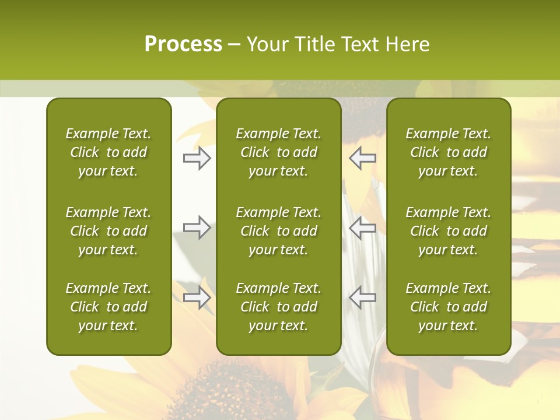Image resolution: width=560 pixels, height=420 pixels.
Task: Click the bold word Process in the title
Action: (x=183, y=44)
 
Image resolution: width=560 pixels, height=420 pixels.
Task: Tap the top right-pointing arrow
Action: (x=197, y=158)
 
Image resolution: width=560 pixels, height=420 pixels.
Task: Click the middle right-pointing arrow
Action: (x=197, y=228)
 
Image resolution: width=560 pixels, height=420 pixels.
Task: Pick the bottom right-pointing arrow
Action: (x=197, y=297)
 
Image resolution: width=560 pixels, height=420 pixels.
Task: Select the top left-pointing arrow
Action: (x=363, y=158)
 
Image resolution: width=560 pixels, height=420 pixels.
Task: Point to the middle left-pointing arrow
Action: (x=363, y=228)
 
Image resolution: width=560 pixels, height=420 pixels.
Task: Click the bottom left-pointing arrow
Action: (x=363, y=297)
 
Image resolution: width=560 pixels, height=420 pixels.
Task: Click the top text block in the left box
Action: (x=108, y=152)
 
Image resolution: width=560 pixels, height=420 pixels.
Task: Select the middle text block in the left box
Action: (x=108, y=231)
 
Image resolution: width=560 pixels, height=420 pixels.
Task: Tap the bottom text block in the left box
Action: (x=108, y=307)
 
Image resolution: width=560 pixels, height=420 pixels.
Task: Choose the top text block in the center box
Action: (x=278, y=152)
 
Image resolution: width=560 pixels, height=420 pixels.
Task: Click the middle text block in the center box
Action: (x=278, y=231)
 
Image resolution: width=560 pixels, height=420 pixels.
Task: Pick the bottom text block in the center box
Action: (x=278, y=307)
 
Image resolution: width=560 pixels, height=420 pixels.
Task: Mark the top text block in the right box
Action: (x=448, y=152)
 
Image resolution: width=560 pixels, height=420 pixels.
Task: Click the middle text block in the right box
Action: (x=448, y=231)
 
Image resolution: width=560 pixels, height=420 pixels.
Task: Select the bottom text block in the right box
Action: (x=448, y=307)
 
